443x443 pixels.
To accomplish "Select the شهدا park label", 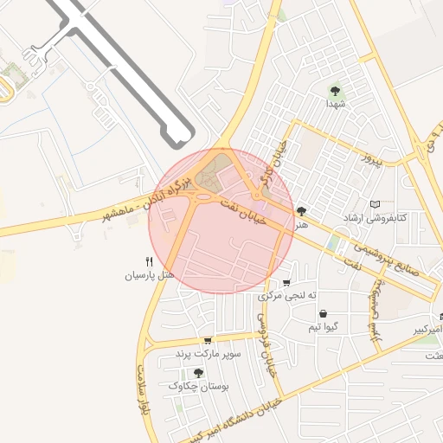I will click(x=335, y=102).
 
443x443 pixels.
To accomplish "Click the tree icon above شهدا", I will click(x=335, y=88).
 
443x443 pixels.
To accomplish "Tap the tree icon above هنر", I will click(x=301, y=210).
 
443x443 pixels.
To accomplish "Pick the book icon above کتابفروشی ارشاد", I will click(x=375, y=203).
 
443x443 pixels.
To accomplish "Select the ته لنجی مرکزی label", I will click(x=284, y=296).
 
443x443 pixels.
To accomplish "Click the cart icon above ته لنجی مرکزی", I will click(x=286, y=283).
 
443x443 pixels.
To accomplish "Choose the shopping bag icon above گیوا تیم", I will click(x=323, y=313).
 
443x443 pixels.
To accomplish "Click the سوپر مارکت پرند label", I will click(x=208, y=354).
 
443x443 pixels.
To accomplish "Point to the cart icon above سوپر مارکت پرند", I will click(x=207, y=341).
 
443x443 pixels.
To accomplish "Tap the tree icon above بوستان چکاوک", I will click(x=198, y=373).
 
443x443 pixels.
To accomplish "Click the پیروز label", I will click(x=371, y=161).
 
